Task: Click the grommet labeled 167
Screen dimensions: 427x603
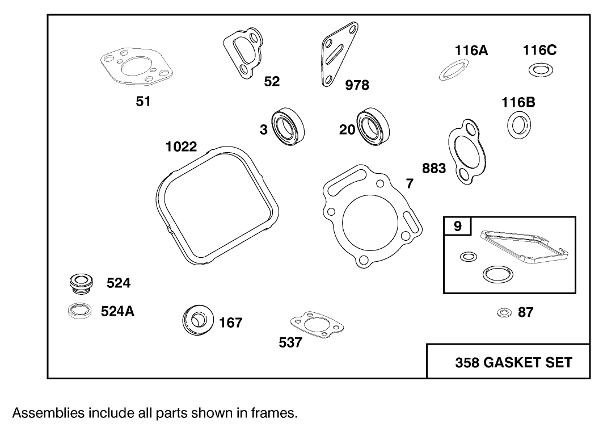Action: tap(198, 321)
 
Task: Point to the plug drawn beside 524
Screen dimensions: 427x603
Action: tap(81, 283)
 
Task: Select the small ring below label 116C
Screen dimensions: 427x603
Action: tap(540, 70)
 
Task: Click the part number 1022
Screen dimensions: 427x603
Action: tap(181, 147)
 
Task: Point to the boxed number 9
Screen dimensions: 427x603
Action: tap(457, 226)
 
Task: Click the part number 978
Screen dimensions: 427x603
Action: tap(357, 85)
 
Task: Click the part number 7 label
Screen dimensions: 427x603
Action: tap(410, 183)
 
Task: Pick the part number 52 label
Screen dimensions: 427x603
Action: tap(272, 82)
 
